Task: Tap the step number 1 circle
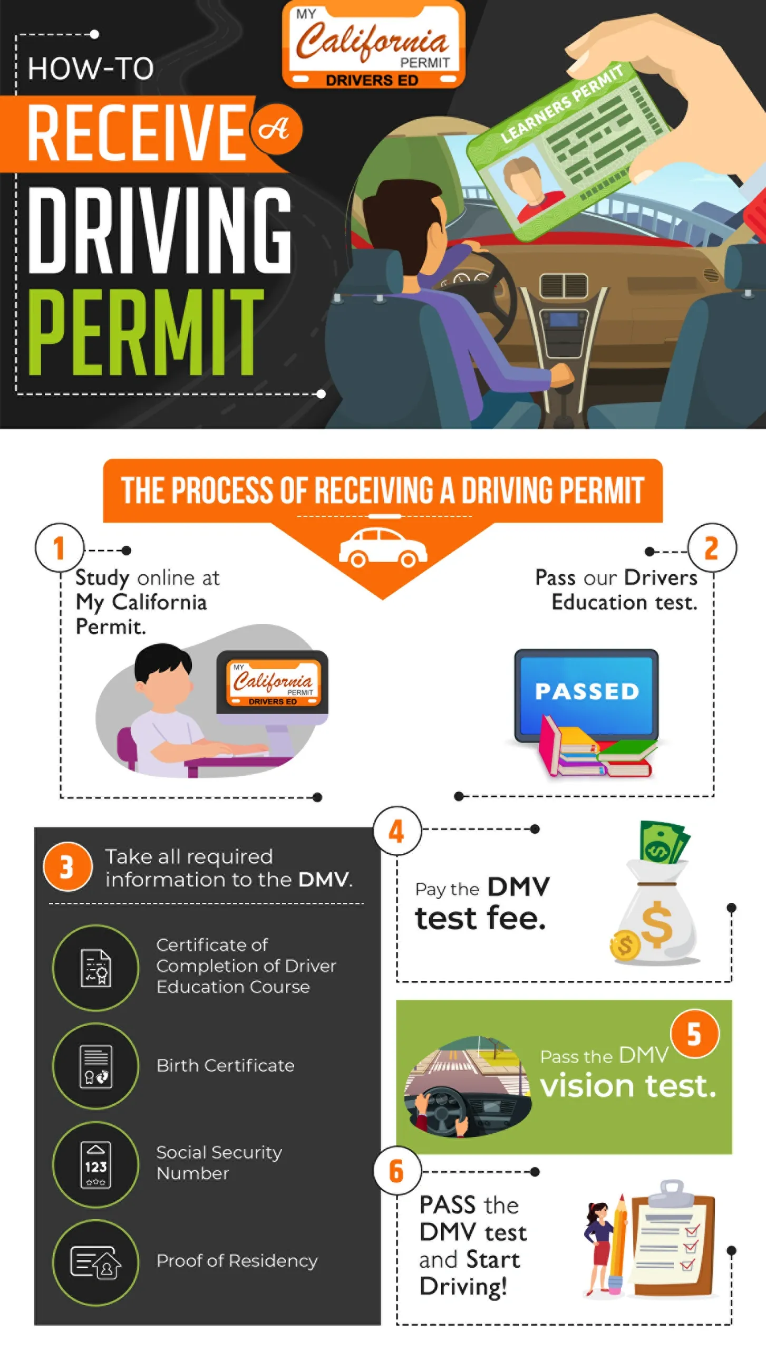point(60,548)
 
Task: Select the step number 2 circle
point(712,548)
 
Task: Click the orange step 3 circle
point(67,866)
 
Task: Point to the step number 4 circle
point(397,831)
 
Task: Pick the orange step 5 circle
point(694,1034)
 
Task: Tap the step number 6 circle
point(397,1171)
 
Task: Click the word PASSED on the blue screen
point(587,691)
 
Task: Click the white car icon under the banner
point(383,548)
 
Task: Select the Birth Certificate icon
point(95,1066)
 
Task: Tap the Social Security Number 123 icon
point(95,1164)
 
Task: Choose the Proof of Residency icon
point(95,1262)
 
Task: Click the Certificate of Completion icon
point(95,968)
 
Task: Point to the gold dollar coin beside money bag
point(625,945)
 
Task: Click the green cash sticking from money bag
point(663,843)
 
